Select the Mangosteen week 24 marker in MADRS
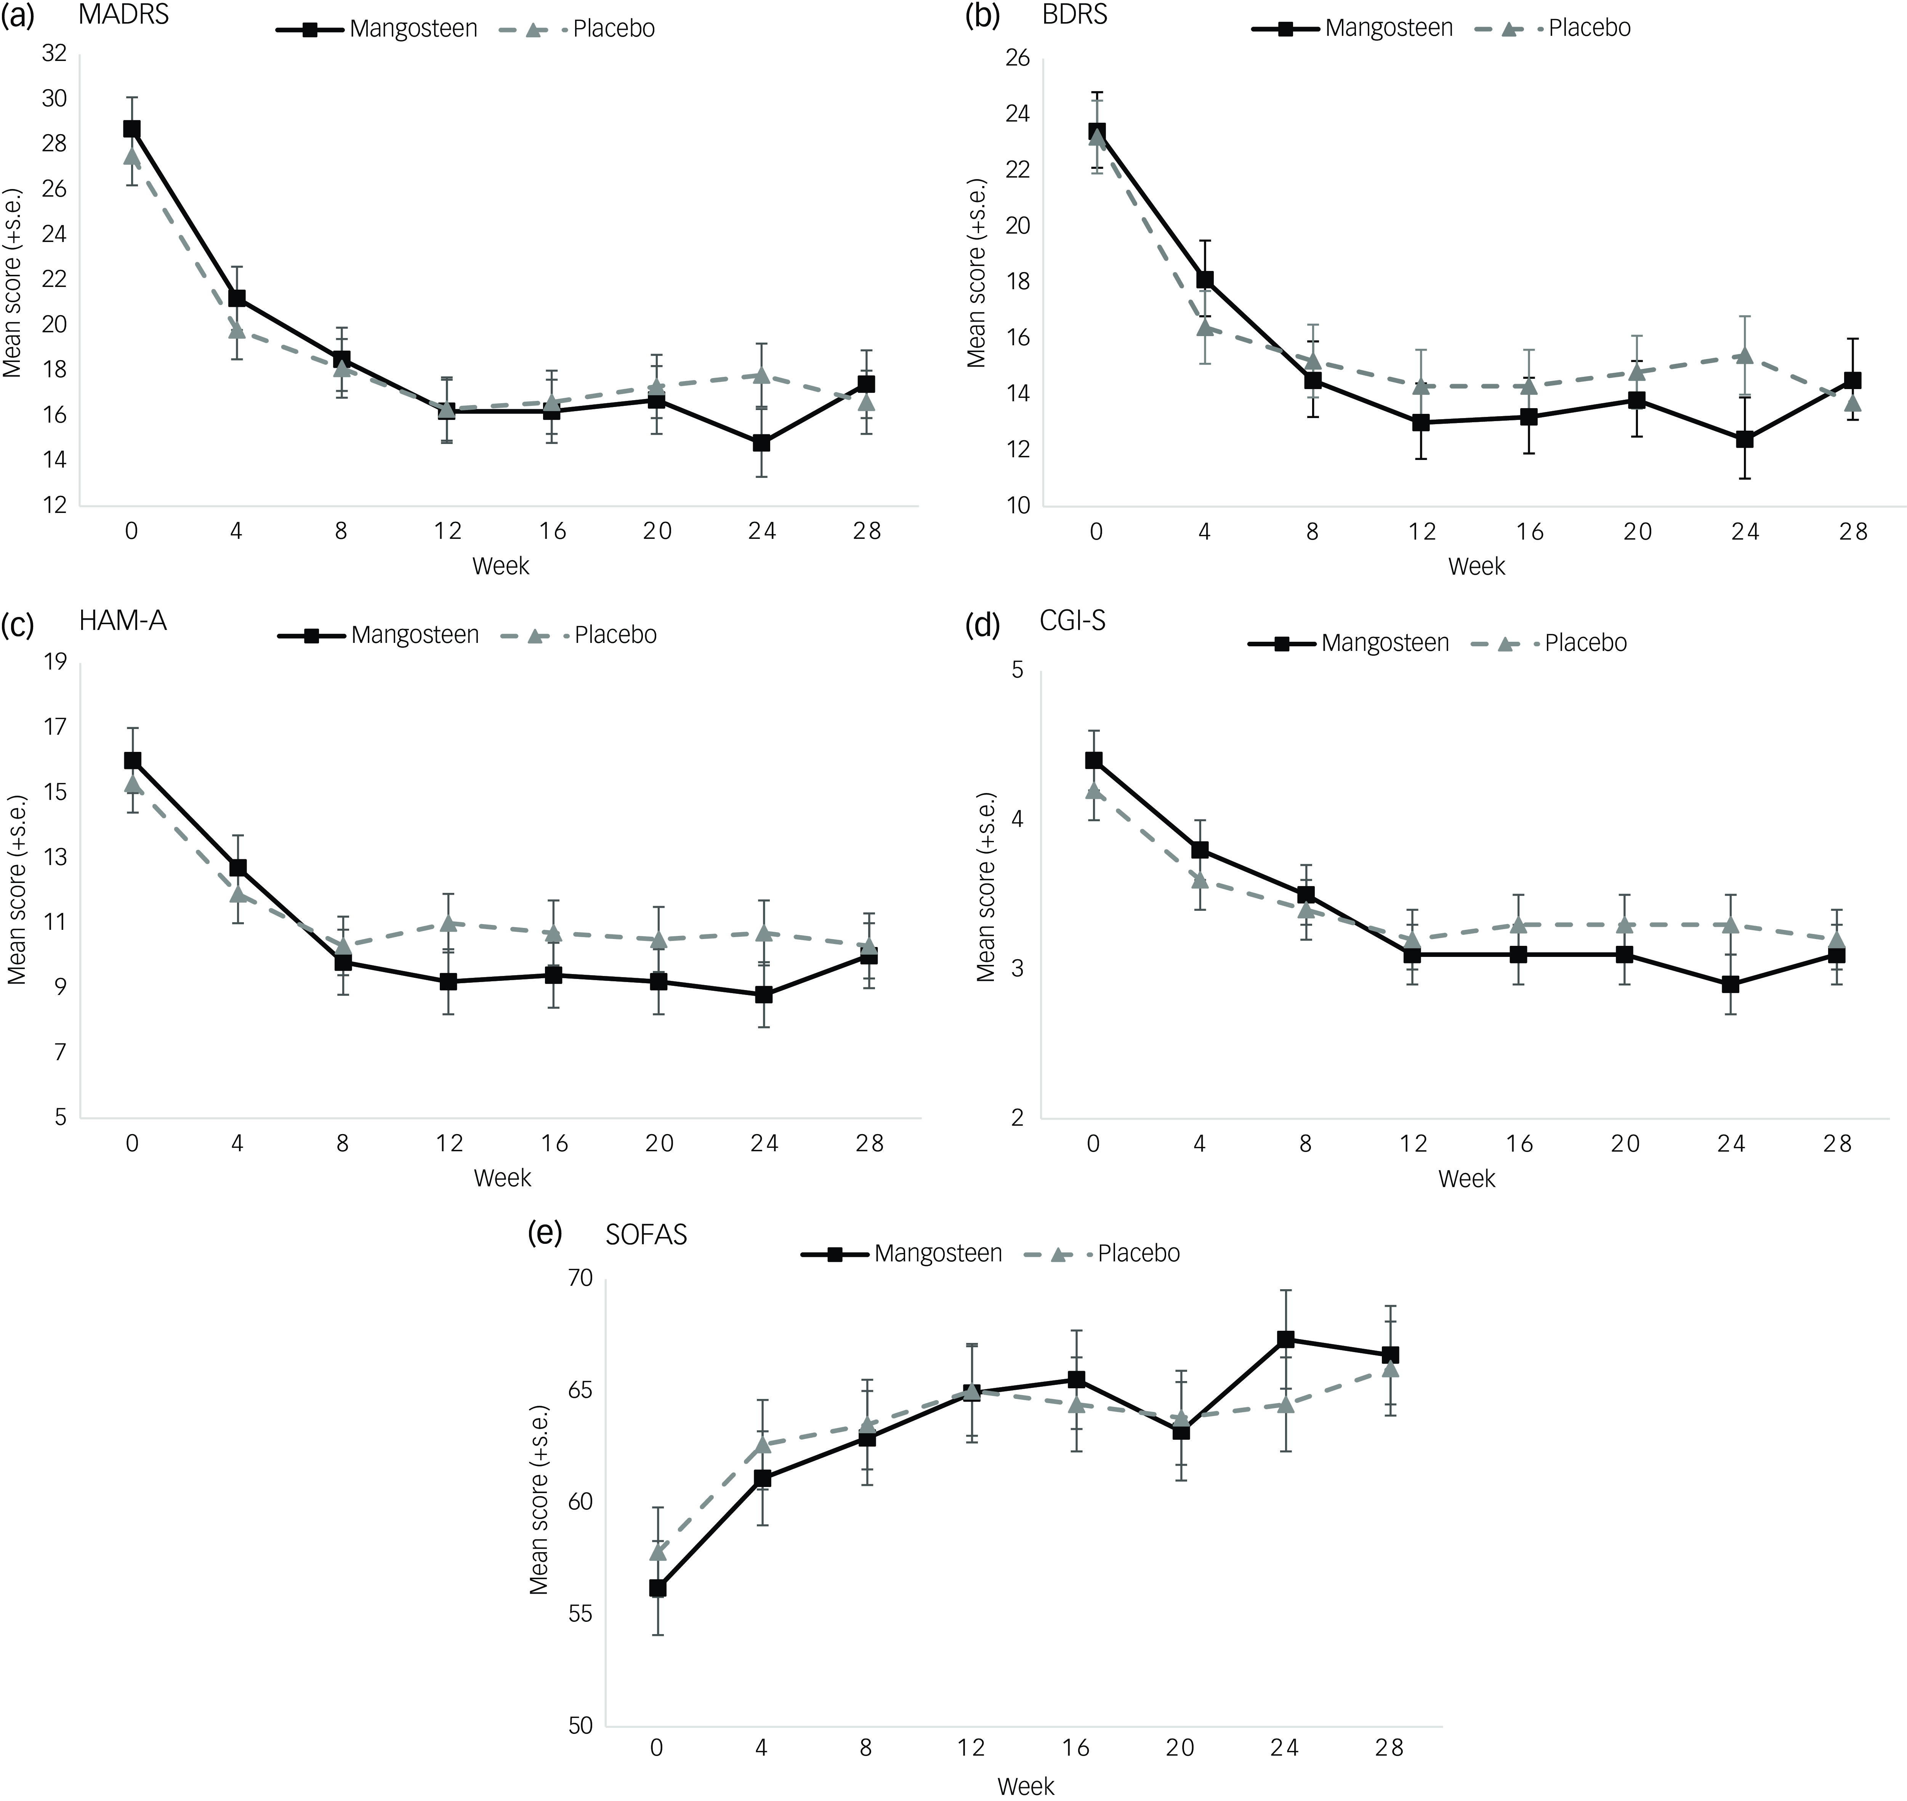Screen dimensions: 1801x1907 761,442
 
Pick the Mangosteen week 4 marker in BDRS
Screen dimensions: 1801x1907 1204,280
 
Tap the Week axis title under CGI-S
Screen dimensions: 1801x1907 1466,1179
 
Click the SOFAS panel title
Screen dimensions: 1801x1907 646,1235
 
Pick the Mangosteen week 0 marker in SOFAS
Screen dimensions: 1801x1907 658,1589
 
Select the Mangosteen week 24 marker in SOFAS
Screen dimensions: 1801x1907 1285,1339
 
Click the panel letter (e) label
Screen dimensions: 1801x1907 545,1234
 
